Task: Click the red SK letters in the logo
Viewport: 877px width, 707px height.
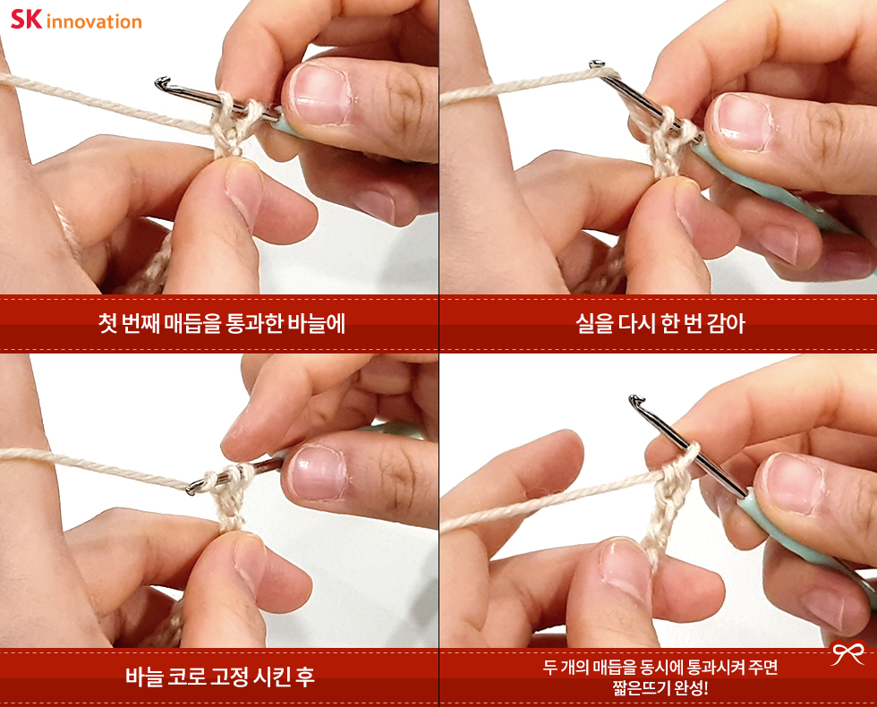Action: point(26,19)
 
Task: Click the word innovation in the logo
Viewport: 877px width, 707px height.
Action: point(94,21)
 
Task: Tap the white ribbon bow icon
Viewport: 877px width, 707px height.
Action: point(847,652)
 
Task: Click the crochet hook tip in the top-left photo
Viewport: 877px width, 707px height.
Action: point(160,82)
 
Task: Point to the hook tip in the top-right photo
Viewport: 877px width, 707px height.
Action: point(596,64)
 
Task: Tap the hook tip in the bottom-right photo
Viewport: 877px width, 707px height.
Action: point(634,400)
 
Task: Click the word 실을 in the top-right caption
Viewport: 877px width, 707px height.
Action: point(594,323)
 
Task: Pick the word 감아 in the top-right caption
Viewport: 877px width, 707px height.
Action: point(726,323)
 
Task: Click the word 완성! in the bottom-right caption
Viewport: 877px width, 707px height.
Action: point(691,687)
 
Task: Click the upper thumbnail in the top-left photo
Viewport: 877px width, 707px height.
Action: point(317,92)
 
